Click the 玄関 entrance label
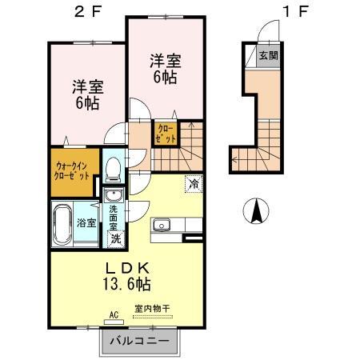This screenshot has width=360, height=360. coord(269,56)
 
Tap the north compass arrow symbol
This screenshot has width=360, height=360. coord(257,210)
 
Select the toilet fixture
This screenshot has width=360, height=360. coord(114,169)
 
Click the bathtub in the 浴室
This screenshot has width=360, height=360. coord(62,225)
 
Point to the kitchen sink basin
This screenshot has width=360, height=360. coord(162,226)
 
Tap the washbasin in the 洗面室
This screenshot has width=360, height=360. coord(114,195)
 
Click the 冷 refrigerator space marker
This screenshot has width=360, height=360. coord(194,183)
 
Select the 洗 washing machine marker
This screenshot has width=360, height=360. coord(116,238)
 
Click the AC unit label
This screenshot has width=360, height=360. coord(114,315)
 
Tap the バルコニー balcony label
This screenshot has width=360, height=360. coord(140,341)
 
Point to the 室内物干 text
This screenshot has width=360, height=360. coord(152,309)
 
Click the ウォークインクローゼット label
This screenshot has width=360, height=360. coord(72,171)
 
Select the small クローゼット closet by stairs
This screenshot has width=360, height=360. coord(166,134)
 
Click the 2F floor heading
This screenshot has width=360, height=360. coord(88,11)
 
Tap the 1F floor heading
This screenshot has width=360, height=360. coord(296,11)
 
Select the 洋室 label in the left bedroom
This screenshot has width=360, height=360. coord(88,86)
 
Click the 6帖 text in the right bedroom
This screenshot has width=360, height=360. coord(165,77)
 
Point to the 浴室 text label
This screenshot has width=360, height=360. coord(86,222)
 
